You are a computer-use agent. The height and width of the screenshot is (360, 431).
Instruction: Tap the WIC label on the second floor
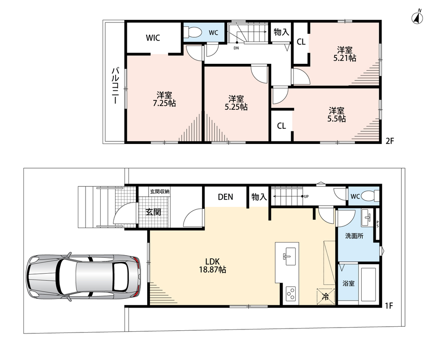[153, 38]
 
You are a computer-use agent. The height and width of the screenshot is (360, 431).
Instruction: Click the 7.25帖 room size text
[164, 103]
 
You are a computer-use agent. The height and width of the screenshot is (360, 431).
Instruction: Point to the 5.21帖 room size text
[345, 58]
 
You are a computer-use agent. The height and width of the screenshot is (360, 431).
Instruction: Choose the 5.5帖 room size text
[337, 119]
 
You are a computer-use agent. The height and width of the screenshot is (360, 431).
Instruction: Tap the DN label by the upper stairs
[236, 48]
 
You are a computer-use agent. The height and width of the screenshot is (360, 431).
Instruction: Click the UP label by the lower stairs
[306, 197]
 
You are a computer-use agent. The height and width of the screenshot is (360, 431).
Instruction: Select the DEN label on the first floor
[225, 197]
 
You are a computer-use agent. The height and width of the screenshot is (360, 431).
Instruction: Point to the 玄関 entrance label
[153, 212]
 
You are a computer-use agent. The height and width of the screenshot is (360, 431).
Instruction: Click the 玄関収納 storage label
[159, 191]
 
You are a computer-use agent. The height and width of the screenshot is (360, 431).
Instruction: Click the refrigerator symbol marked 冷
[326, 297]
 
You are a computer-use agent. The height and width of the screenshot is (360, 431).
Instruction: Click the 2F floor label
[390, 141]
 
